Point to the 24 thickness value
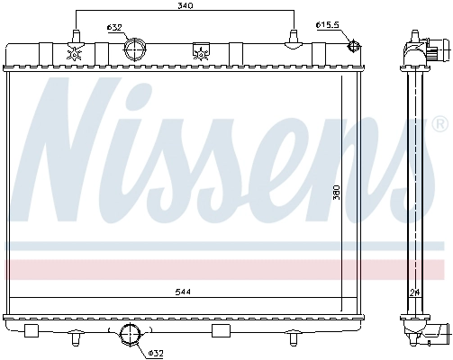(415, 293)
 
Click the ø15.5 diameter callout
(328, 24)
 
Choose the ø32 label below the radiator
(156, 352)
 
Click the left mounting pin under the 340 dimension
(75, 37)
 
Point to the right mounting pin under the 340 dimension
(294, 37)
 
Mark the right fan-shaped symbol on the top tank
(199, 54)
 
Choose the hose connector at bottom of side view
(436, 333)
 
